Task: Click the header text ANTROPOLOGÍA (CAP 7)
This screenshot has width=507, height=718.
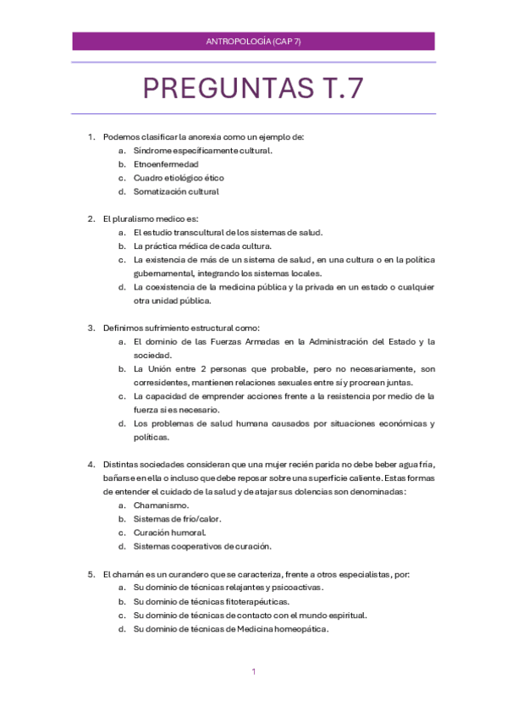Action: point(254,41)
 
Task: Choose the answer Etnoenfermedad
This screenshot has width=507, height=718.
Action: point(166,163)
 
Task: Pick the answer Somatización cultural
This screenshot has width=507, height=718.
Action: point(176,191)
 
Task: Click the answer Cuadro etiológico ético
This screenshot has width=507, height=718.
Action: point(179,178)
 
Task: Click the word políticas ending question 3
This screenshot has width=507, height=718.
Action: point(152,437)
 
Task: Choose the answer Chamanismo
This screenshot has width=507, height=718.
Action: point(162,505)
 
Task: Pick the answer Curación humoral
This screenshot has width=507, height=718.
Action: point(169,533)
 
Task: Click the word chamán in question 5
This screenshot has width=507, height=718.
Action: point(128,573)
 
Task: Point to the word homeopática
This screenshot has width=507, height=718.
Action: point(301,629)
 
